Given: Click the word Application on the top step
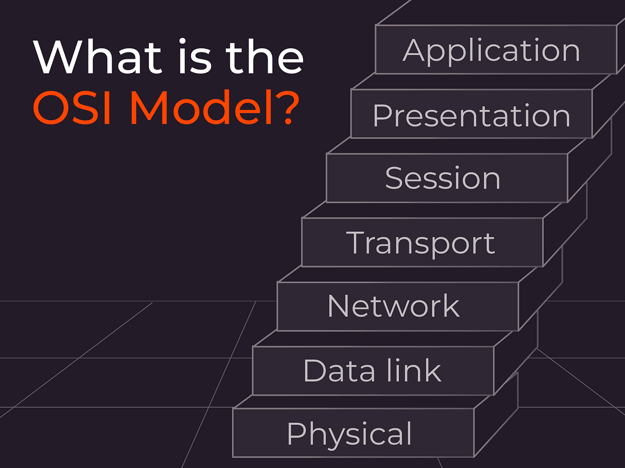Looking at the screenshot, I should coord(491,51).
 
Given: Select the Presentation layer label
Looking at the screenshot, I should coord(471,115).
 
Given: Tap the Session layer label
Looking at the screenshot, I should coord(443,178).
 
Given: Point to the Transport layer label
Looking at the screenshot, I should coord(420,242).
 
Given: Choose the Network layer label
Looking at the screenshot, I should coord(394,306).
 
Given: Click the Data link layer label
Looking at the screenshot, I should coord(372,370).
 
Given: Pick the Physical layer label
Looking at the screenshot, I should coord(349,434).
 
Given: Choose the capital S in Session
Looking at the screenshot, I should coord(395,178).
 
